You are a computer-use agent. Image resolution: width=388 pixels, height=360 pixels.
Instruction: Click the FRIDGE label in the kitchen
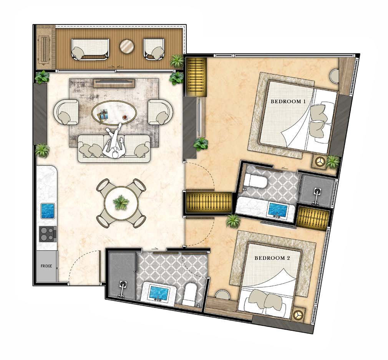[x=46, y=266]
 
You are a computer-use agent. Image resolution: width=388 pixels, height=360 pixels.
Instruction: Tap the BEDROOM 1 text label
[x=288, y=101]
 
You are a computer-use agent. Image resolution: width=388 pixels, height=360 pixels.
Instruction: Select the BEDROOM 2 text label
[x=272, y=258]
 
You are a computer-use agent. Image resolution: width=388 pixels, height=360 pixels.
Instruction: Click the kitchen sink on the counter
[x=48, y=211]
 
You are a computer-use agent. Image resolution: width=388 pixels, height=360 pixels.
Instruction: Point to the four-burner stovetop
[x=48, y=234]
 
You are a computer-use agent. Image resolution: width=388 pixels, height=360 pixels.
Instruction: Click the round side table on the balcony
[x=127, y=46]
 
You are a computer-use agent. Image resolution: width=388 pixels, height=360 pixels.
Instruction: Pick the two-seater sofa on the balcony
[x=90, y=49]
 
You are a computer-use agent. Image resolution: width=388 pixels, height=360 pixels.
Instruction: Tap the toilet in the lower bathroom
[x=190, y=294]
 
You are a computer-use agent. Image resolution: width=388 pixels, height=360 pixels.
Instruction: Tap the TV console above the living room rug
[x=114, y=83]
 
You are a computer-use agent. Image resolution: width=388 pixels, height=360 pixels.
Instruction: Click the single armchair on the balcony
[x=154, y=49]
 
